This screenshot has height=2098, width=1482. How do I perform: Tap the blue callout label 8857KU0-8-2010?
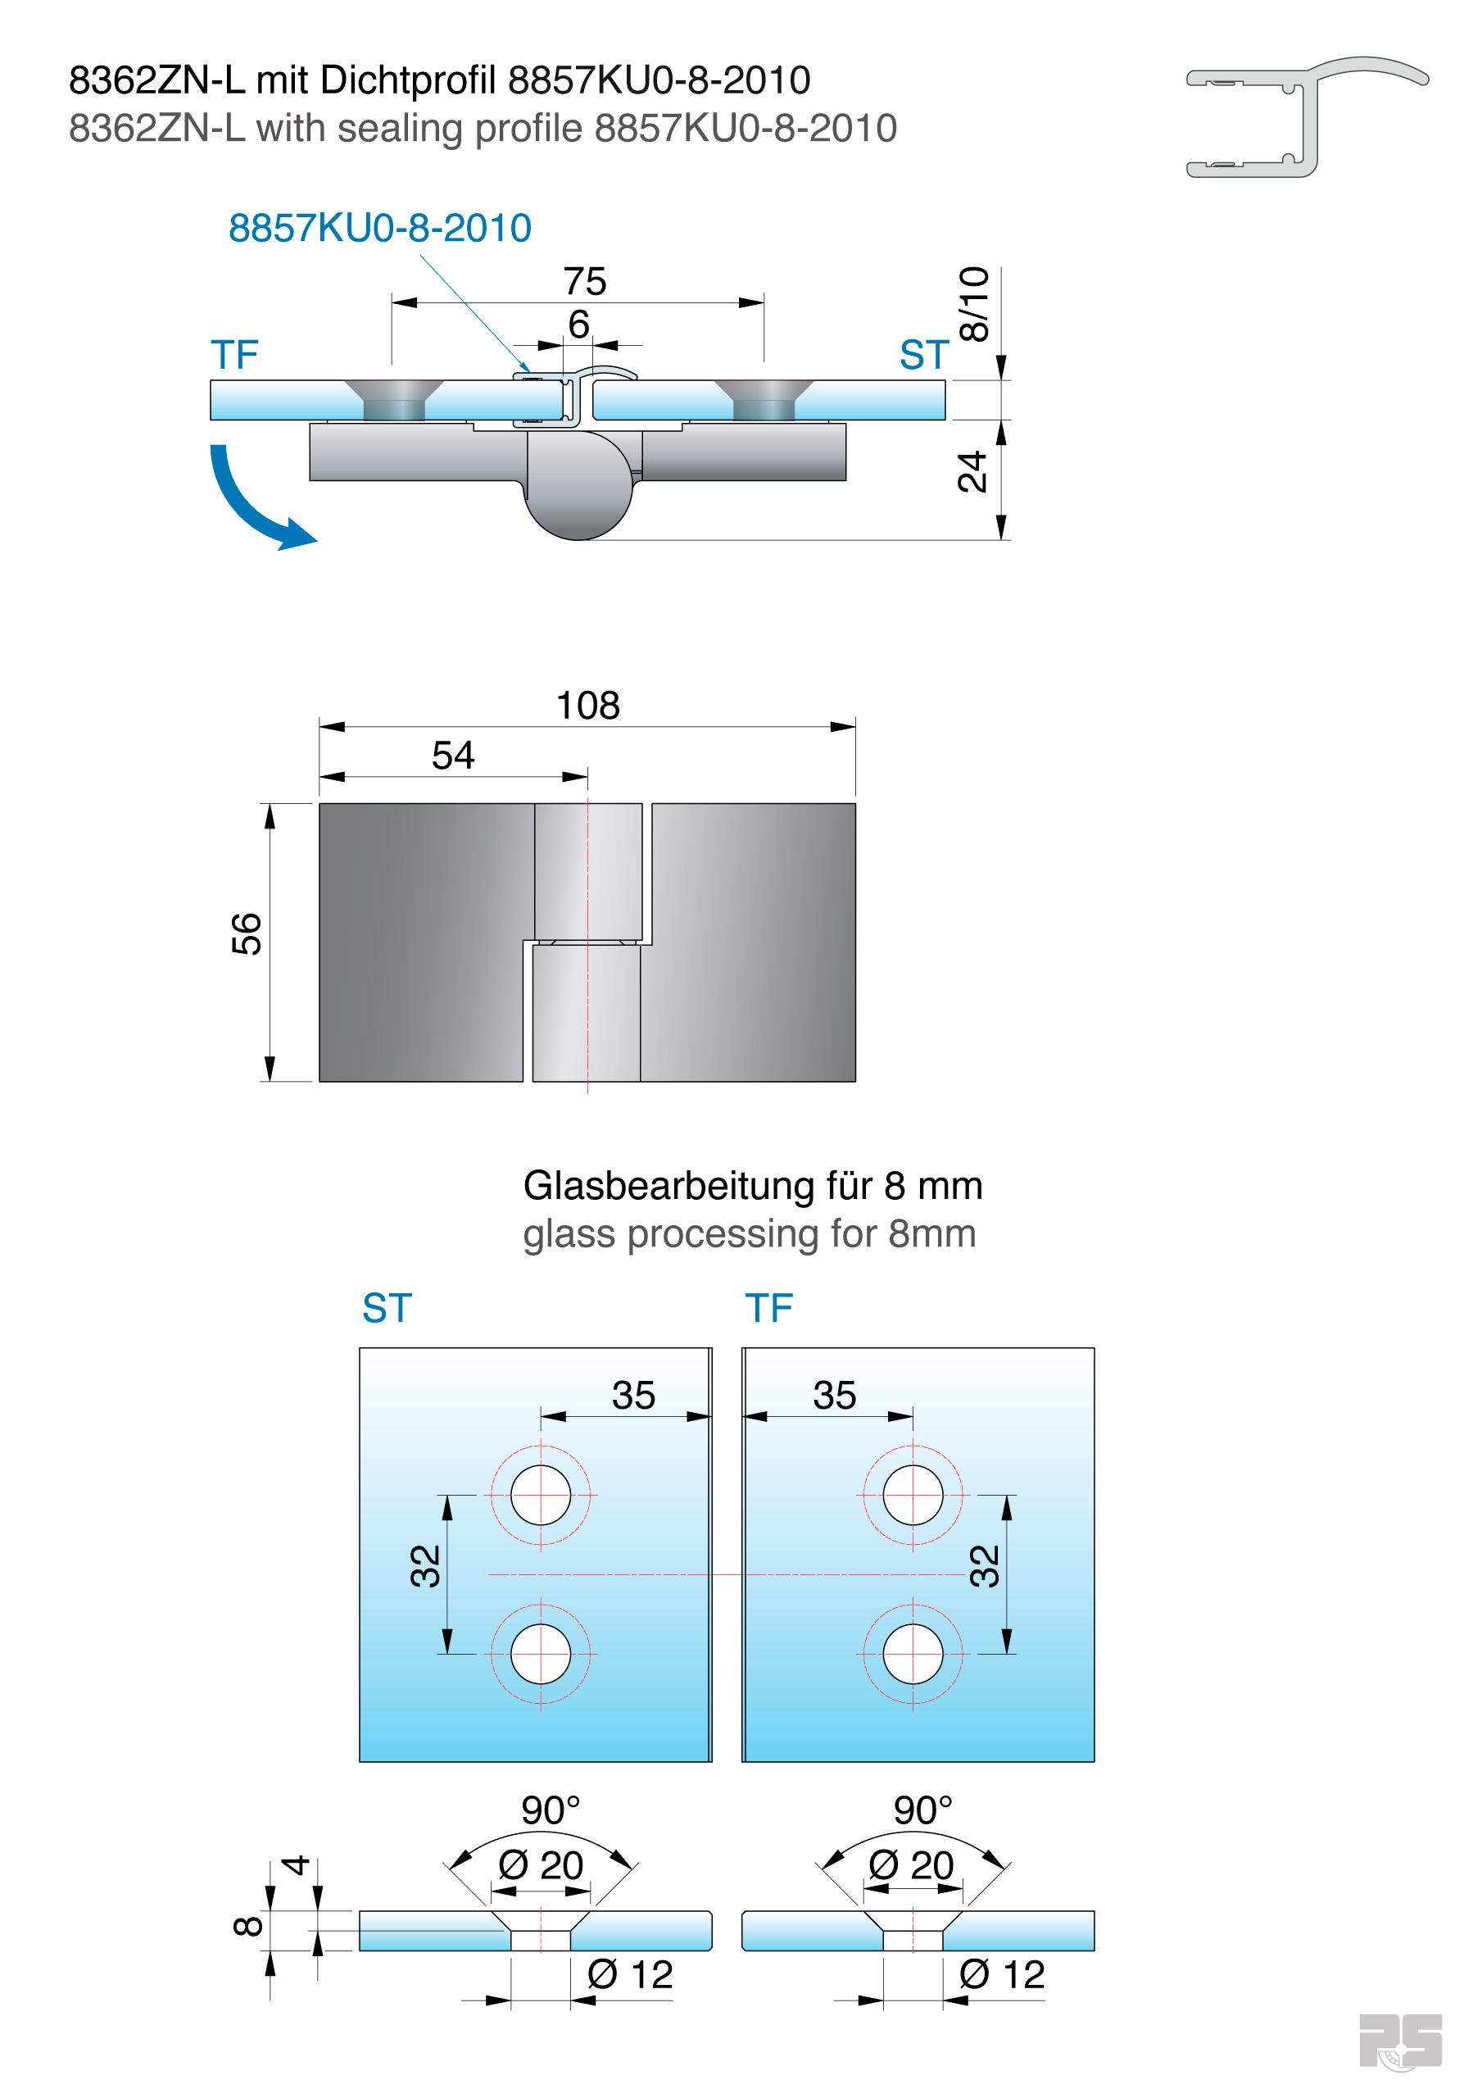pos(379,229)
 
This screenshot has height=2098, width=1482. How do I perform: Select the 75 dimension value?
pos(584,281)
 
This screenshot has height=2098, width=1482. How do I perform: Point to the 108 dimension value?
pos(587,706)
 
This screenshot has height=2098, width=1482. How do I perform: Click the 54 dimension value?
pos(452,756)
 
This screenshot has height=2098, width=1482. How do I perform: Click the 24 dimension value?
pos(972,471)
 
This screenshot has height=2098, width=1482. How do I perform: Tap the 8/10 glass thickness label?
pos(974,304)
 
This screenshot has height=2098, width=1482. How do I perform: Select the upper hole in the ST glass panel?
pos(540,1495)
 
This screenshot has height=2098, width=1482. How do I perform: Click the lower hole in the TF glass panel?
pos(912,1654)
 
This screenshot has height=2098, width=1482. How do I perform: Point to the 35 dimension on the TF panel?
pos(834,1396)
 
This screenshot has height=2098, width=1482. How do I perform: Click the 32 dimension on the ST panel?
pos(426,1566)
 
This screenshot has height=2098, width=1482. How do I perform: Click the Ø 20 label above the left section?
pos(540,1865)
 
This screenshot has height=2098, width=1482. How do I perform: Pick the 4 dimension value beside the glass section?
pos(294,1865)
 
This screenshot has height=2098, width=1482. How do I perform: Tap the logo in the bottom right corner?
pos(1400,2041)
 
